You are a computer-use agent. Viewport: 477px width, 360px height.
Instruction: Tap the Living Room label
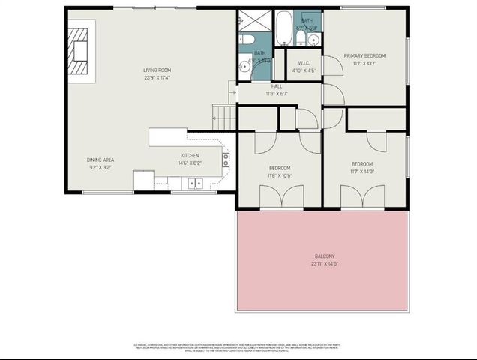[x=157, y=70]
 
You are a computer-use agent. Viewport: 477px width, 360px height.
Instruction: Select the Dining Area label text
[x=101, y=160]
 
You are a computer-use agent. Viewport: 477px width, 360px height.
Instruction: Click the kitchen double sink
[x=195, y=182]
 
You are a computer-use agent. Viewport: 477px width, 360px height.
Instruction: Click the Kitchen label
[x=188, y=156]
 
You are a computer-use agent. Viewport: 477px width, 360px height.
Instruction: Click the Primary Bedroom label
[x=364, y=56]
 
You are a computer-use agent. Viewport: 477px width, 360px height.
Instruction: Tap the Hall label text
[x=277, y=86]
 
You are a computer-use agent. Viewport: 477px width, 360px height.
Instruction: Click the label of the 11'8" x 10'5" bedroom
[x=279, y=168]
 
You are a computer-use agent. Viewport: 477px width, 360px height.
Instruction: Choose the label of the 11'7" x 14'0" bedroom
[x=362, y=164]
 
